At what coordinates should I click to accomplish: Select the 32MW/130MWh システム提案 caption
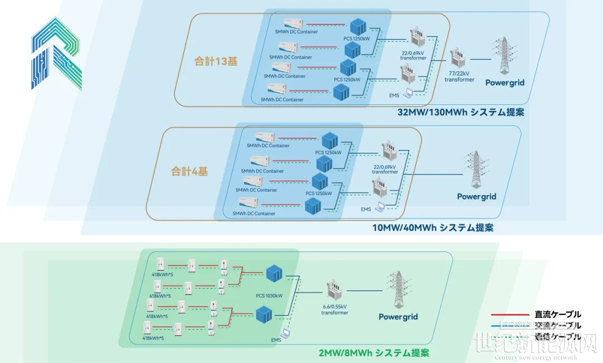click(461, 112)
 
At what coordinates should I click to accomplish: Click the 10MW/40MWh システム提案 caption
click(433, 228)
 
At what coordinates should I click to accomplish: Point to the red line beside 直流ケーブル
click(508, 314)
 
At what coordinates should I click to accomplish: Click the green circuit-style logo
click(56, 54)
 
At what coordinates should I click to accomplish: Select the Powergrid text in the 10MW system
click(476, 196)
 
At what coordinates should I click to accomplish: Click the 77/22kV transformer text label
click(459, 76)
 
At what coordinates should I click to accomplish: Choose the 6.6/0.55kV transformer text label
click(334, 309)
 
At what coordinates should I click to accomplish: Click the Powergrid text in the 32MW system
click(505, 83)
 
